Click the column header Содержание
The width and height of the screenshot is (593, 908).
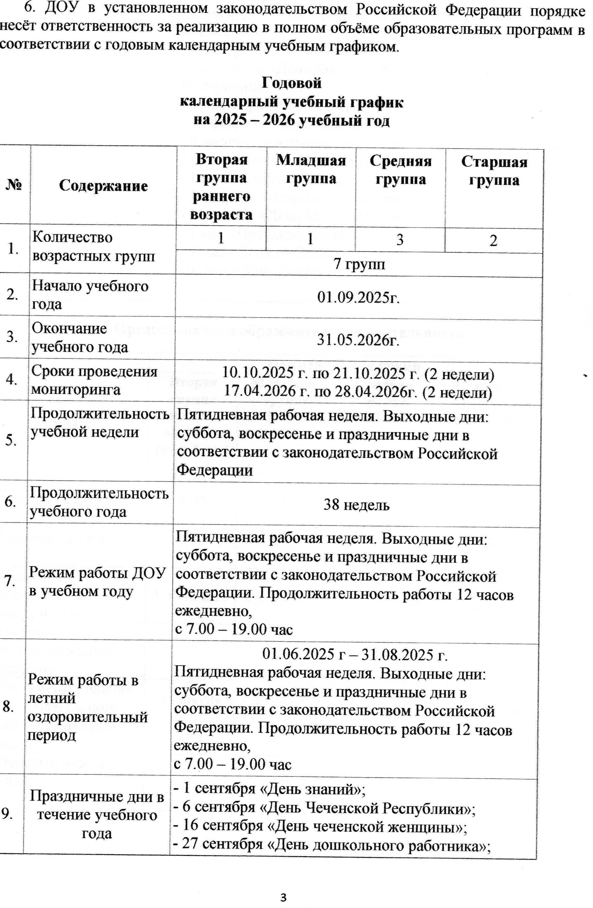(103, 186)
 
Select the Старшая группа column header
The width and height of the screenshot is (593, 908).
(494, 171)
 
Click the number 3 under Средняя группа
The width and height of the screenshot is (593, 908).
(400, 240)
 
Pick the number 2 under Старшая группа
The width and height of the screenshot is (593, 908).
(493, 241)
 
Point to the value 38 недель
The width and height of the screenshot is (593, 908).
(356, 505)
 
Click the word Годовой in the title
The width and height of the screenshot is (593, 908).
(292, 83)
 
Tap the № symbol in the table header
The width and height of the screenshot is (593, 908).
(14, 185)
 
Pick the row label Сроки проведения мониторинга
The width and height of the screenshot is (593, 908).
(94, 380)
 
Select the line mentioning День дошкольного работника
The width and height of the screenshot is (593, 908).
(331, 844)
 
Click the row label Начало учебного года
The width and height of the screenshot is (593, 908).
(90, 294)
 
